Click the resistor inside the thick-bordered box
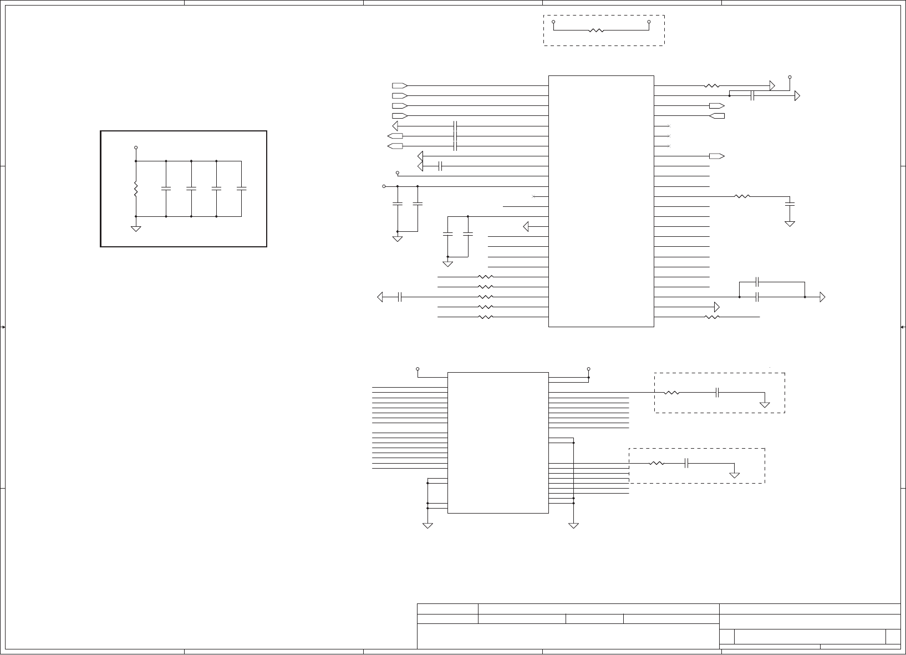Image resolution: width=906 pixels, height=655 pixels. pos(136,189)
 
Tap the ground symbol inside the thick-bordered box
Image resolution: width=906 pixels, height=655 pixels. pos(136,228)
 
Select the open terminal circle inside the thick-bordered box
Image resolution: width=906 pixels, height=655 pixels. pos(136,148)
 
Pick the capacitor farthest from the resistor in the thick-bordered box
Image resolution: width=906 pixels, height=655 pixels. pos(241,189)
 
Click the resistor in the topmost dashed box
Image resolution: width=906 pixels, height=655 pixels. pos(596,31)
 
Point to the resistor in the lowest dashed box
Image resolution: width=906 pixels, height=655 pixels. pos(656,463)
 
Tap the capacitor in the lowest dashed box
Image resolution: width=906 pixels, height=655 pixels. pos(686,463)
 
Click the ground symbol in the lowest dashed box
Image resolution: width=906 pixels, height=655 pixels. pos(735,475)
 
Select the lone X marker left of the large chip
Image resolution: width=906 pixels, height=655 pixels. pos(533,197)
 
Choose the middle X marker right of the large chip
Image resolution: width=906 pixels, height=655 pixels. pos(669,136)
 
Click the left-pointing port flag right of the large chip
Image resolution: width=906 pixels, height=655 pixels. pos(717,116)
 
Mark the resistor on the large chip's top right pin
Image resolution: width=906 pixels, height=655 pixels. pos(711,86)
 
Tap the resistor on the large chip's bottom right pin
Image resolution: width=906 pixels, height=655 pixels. pos(711,317)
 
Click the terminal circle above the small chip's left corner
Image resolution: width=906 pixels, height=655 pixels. pos(418,368)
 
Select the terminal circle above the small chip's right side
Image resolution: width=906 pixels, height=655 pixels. pos(589,368)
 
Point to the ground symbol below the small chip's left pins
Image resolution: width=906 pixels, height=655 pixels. pos(427,525)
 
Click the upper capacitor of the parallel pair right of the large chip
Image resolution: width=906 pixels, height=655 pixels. pos(757,282)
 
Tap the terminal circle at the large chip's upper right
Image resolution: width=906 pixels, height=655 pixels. pos(790,77)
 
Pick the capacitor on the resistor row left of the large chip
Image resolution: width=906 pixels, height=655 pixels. pos(399,297)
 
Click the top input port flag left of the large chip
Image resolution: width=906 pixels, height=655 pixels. pos(399,86)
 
